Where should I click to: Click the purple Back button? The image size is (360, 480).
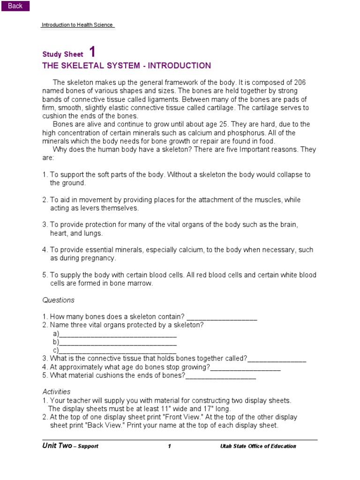pos(15,6)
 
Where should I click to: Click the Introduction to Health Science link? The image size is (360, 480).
pos(77,25)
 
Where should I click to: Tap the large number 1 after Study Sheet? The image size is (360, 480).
pos(92,52)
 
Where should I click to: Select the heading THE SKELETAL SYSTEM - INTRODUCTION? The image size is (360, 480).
pos(127,66)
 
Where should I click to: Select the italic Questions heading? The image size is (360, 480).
pos(58,300)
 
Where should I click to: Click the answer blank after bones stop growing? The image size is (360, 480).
pos(245,368)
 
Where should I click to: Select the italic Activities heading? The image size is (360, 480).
pos(56,391)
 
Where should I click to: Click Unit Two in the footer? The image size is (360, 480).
pos(57,446)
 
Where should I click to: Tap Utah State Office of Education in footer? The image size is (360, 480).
pos(258,446)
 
